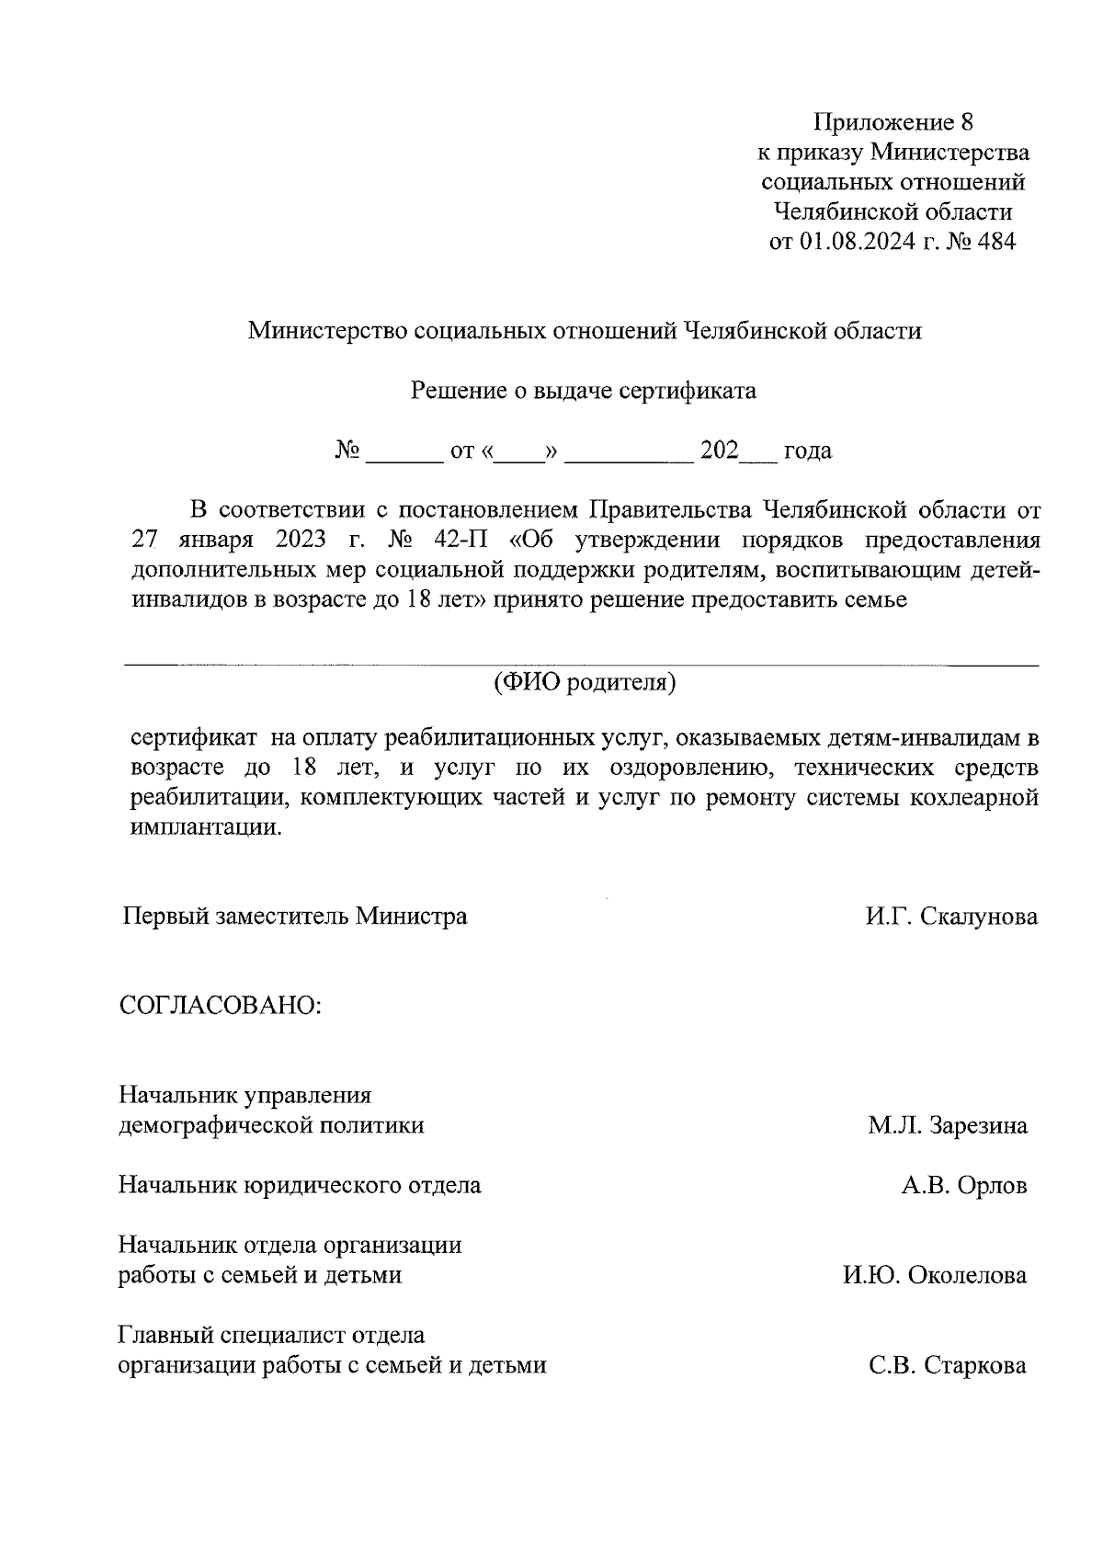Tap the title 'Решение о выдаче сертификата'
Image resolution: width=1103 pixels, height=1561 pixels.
(583, 391)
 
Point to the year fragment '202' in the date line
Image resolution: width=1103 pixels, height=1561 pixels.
(720, 450)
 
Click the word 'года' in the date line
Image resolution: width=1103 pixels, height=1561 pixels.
(807, 451)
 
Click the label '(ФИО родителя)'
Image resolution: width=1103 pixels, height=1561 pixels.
(585, 682)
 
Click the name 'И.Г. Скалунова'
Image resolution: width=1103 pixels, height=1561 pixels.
(950, 917)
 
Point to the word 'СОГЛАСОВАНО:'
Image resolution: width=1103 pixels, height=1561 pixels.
(221, 1005)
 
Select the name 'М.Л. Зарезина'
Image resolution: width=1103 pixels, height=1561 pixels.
(948, 1125)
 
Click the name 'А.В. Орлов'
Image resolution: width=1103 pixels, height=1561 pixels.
(963, 1186)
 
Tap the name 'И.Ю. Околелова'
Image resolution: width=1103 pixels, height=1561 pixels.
(935, 1275)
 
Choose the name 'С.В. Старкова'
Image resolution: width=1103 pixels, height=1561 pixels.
(948, 1365)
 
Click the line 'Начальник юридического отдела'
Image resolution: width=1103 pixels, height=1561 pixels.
(300, 1185)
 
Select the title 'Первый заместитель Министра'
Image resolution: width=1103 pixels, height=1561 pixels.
(295, 917)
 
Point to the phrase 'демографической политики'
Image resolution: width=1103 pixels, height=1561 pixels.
(272, 1125)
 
